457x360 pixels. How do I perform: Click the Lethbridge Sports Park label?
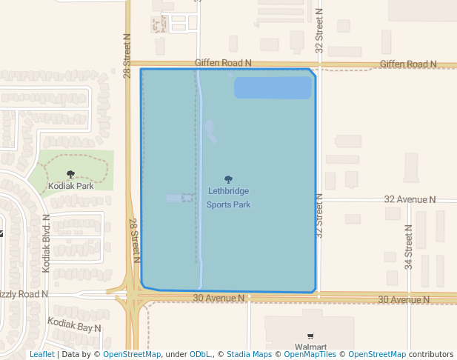coord(228,198)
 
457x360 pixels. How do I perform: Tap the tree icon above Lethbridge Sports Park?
coord(228,179)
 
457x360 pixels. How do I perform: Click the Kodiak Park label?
coord(70,186)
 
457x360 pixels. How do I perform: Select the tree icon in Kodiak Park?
coord(70,175)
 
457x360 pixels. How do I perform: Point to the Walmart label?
coord(310,347)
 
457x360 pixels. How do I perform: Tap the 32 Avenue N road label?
coord(410,200)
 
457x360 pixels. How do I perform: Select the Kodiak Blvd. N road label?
coord(46,243)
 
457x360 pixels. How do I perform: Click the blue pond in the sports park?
coord(273,87)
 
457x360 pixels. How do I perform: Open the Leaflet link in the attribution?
coord(41,355)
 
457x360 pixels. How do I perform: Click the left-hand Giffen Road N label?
coord(224,64)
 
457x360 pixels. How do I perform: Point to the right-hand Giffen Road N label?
coord(408,64)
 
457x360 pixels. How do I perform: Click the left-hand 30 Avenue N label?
coord(219,299)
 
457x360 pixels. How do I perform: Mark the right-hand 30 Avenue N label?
coord(404,299)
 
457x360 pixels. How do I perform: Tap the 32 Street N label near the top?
coord(319,31)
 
